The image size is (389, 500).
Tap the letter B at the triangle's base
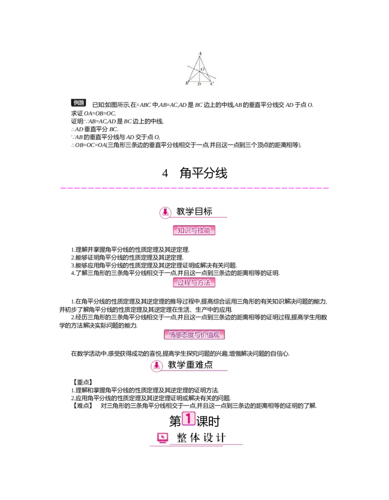187,84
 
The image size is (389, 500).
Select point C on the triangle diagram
212,84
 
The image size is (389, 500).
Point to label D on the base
199,84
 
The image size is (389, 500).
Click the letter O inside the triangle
202,70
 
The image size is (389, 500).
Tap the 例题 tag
79,103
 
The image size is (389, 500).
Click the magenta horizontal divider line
194,188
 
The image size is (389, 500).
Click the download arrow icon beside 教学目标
165,212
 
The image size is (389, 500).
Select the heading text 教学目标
194,212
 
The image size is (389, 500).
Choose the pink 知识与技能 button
194,231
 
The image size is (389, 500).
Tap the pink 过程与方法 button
194,282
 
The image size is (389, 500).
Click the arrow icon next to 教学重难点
157,366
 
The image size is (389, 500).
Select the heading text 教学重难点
190,365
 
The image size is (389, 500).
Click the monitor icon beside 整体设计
163,438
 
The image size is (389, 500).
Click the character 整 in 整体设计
182,438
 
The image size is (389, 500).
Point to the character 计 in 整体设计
220,438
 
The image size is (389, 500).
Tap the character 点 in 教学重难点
208,365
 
